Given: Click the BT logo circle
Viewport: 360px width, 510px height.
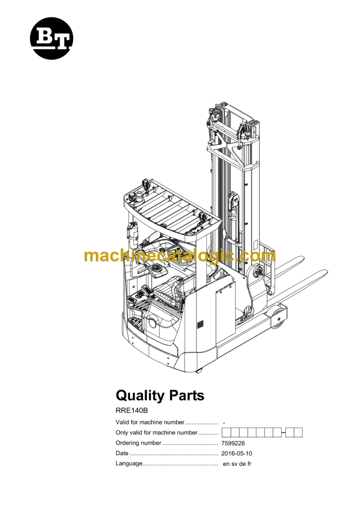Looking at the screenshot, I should coord(52,38).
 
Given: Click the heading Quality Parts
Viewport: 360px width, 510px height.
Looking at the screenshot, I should coord(160,395).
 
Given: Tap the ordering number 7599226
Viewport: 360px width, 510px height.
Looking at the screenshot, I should coord(233,443).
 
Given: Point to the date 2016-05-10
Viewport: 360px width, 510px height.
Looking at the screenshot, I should coord(237,453).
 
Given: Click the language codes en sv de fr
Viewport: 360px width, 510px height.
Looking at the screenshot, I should coord(237,464).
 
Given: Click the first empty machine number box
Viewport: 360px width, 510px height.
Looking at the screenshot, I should coord(226,433).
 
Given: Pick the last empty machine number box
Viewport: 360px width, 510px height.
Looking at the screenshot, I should coord(298,433).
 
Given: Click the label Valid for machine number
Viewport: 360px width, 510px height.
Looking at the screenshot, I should coord(150,422).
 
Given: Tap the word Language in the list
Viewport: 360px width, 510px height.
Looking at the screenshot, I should coord(128,464).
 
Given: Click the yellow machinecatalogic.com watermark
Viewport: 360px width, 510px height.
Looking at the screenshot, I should coord(180,256).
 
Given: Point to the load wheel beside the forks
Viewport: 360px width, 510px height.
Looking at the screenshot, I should coord(278,315).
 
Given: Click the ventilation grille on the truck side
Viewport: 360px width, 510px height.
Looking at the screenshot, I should coord(201,324).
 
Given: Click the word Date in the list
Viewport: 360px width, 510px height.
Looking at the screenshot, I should coord(121,453).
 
